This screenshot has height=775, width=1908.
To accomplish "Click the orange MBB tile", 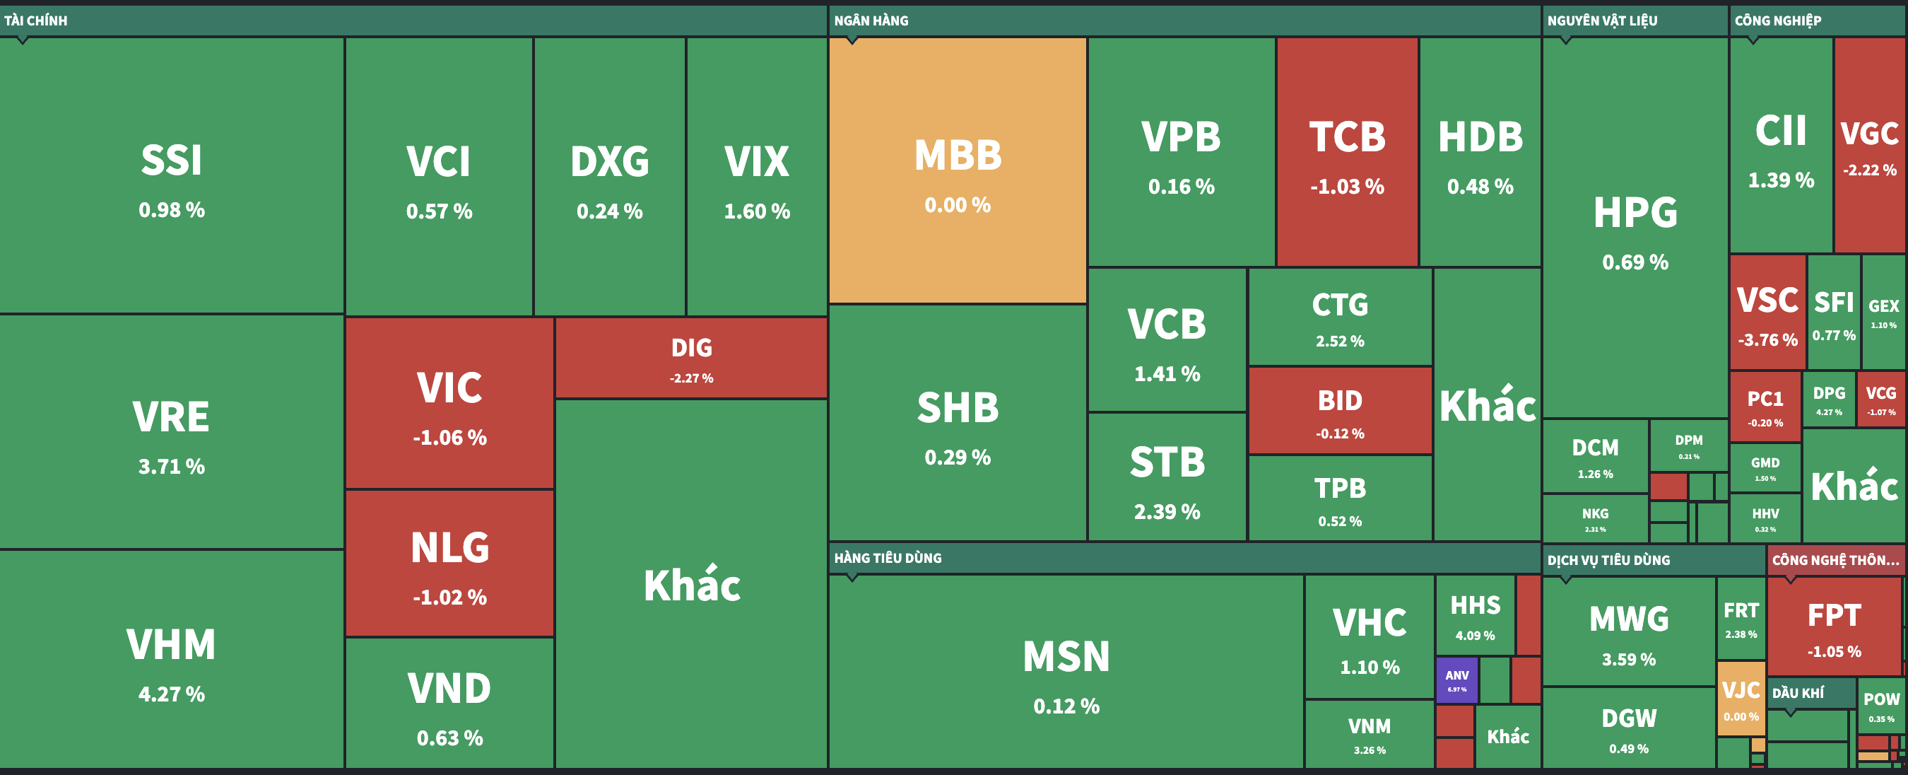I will point(957,170).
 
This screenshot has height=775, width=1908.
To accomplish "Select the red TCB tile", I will point(1347,152).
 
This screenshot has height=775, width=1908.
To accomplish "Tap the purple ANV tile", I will point(1456,680).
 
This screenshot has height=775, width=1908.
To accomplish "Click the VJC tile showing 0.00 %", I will point(1741,699).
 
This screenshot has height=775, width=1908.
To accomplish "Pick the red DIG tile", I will point(691,359).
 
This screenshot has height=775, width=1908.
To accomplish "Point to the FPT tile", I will point(1834,627).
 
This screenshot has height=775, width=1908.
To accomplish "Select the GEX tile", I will point(1883,312).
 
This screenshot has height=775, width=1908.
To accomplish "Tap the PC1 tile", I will point(1765,406).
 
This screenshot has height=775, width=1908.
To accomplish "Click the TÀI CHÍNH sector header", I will point(35,21).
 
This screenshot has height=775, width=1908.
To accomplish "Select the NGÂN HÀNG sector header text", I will point(871,21).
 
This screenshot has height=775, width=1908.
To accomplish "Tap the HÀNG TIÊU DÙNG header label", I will point(888,558).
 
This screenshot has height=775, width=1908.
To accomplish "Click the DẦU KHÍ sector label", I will point(1798,694).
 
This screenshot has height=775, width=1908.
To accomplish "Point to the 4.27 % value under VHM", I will point(171,694).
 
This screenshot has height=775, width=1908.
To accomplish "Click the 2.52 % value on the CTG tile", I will point(1340,342).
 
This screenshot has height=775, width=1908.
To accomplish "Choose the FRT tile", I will point(1741,619).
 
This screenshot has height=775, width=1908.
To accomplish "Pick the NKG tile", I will point(1595,518).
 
